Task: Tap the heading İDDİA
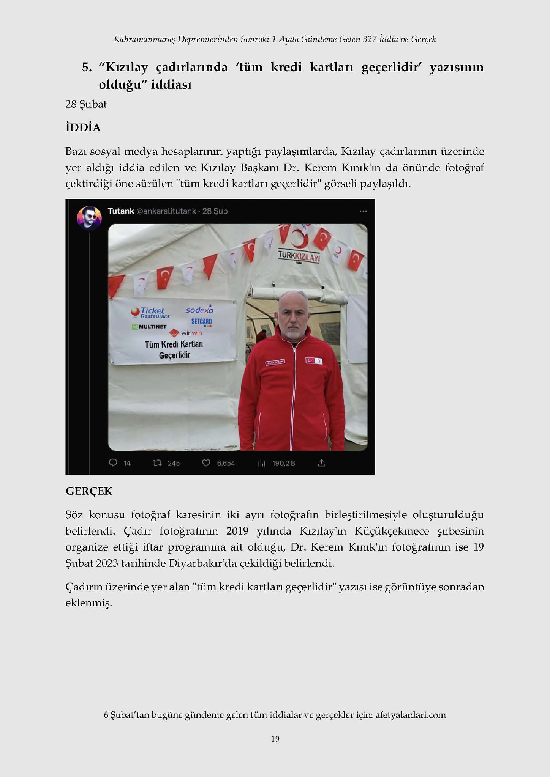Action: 83,127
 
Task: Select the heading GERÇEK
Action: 89,491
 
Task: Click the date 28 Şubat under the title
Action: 86,104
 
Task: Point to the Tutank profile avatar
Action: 89,218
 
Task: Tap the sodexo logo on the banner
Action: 200,310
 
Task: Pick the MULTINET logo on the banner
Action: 149,327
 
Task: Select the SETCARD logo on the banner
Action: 201,322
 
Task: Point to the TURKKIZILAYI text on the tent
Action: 299,256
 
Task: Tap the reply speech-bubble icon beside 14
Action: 113,462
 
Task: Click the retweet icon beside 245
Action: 157,462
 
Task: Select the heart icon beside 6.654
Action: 206,462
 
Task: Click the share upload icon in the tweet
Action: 321,462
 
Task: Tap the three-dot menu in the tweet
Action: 363,211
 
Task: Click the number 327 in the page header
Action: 369,39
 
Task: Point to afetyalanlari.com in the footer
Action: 410,715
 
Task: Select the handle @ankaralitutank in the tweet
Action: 166,211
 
